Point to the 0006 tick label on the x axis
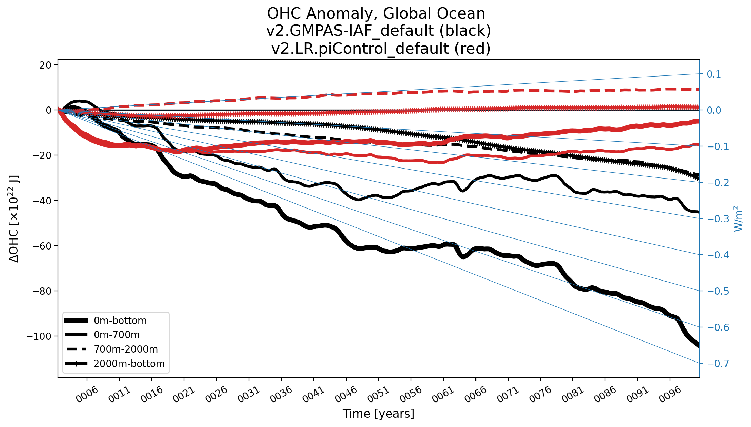87,394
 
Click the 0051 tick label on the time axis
379,394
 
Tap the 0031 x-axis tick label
249,394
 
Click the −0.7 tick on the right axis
718,363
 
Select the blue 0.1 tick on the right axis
714,74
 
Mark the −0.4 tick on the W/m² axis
718,255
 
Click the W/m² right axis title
738,219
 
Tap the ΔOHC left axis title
14,219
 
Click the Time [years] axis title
378,414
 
